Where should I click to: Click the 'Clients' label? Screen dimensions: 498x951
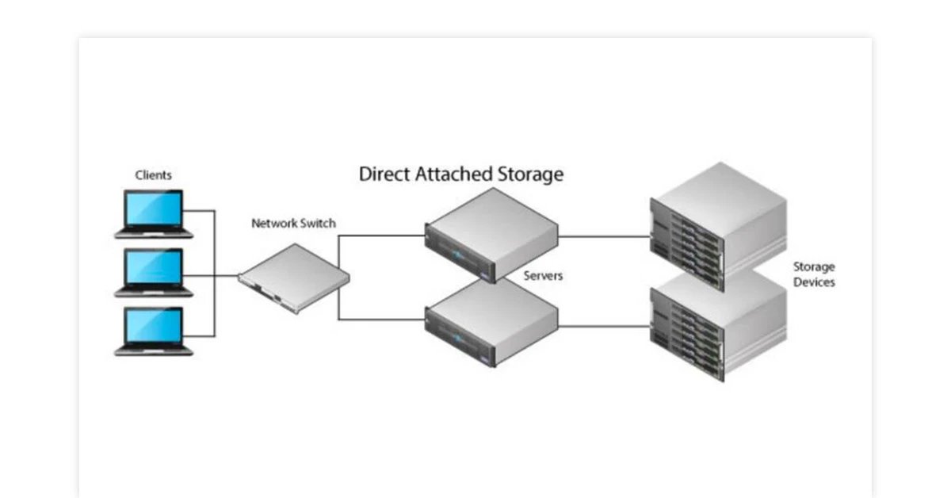153,175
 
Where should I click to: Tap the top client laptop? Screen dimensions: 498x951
154,213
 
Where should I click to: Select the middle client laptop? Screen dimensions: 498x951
154,272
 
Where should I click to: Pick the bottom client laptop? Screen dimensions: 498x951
154,331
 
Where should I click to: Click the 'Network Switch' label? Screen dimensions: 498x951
293,224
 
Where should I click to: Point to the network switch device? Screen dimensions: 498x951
294,278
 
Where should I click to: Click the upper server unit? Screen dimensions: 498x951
491,235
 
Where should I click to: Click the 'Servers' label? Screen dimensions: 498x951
543,276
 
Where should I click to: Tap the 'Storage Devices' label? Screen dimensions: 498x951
814,274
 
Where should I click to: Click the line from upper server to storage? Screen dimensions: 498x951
602,236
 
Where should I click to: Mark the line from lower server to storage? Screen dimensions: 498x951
602,325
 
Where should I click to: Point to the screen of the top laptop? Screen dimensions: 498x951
155,208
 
